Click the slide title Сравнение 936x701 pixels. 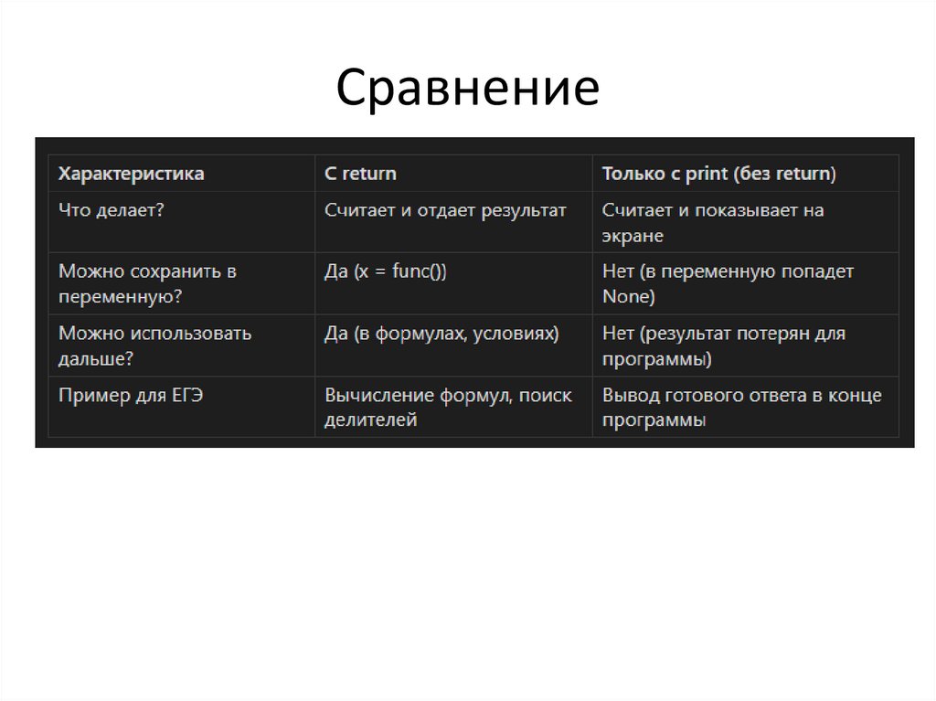tap(467, 89)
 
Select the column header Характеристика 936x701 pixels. tap(132, 173)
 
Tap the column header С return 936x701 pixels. tap(360, 173)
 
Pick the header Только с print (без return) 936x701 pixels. tap(718, 173)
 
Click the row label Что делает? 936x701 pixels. tap(112, 210)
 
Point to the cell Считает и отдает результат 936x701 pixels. tap(445, 210)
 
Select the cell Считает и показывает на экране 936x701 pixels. tap(712, 222)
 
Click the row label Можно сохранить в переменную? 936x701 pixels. tap(148, 283)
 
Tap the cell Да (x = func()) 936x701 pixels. tap(391, 271)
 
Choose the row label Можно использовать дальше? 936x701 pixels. tap(154, 345)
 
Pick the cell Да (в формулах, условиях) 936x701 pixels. tap(441, 334)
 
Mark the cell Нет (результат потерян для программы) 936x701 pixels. tap(723, 345)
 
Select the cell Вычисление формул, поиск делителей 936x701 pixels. tap(448, 408)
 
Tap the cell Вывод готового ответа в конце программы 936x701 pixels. tap(741, 408)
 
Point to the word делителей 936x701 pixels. tap(370, 420)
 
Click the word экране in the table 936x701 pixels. tap(633, 236)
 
